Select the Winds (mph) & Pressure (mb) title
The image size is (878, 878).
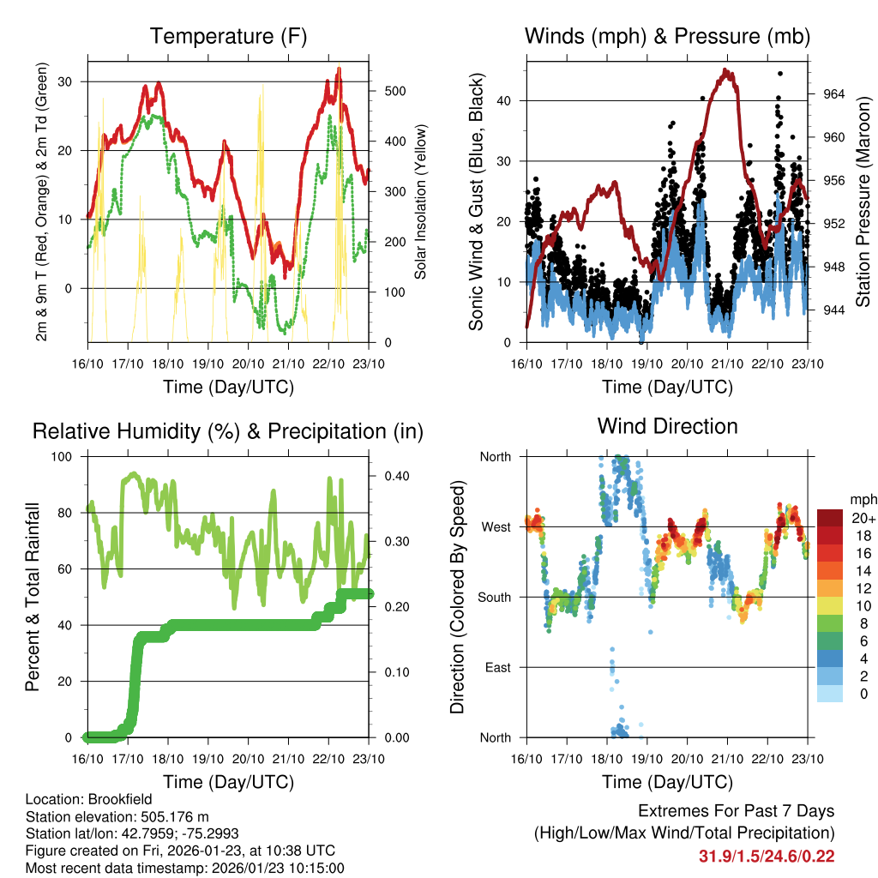point(667,36)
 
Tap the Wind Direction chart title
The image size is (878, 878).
point(667,425)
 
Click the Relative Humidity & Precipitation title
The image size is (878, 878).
point(227,431)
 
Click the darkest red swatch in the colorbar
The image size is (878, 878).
point(831,517)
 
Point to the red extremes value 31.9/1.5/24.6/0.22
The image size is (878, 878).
point(767,856)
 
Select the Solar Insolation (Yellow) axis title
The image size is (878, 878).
point(420,202)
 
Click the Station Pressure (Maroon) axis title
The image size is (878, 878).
point(863,202)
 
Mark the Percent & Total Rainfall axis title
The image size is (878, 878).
point(33,597)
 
